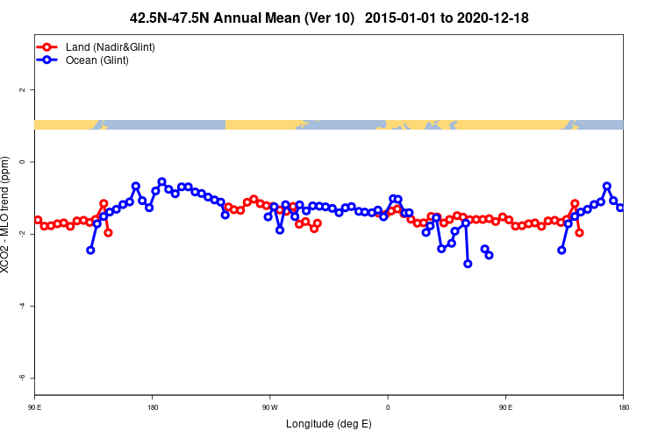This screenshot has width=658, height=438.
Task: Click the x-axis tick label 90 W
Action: pyautogui.click(x=269, y=406)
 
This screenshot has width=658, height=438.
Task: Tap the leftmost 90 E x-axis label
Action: pyautogui.click(x=34, y=406)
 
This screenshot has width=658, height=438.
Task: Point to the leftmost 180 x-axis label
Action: pyautogui.click(x=152, y=406)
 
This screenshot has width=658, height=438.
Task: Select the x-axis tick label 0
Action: pyautogui.click(x=388, y=406)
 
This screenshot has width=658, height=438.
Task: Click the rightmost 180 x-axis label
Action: pyautogui.click(x=623, y=406)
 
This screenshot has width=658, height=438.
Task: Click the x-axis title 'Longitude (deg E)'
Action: pyautogui.click(x=329, y=424)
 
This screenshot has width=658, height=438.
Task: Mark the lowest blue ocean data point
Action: pyautogui.click(x=468, y=264)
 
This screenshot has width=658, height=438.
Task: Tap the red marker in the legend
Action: pyautogui.click(x=48, y=46)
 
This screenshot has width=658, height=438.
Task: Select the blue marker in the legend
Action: pyautogui.click(x=48, y=60)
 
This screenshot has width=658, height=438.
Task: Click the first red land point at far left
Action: pyautogui.click(x=38, y=220)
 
